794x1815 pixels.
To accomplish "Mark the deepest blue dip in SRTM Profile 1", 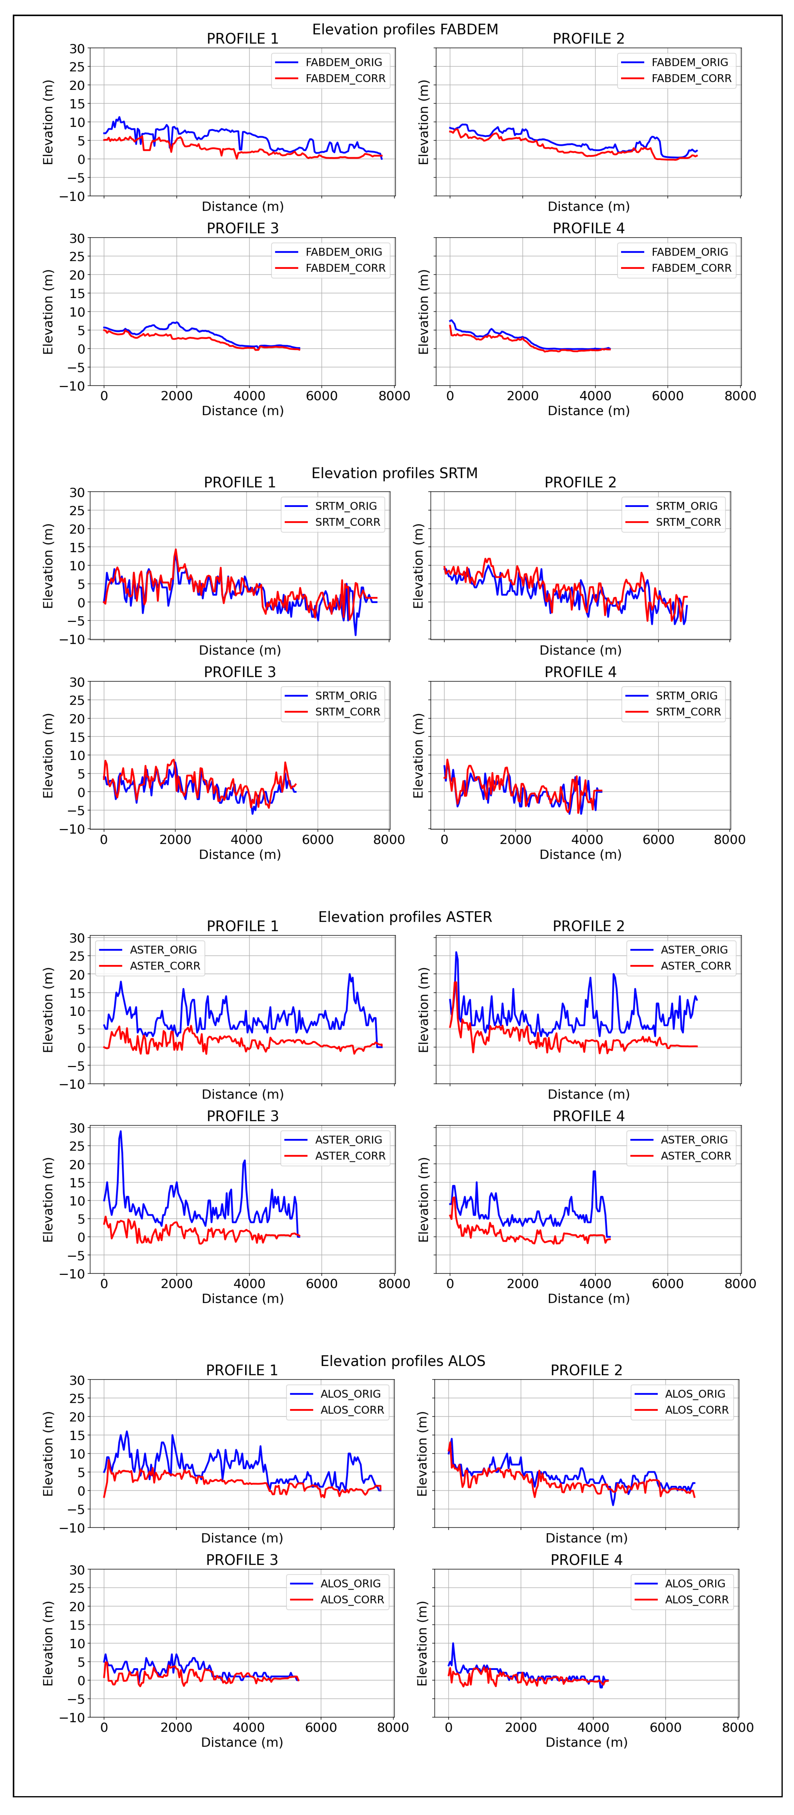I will pos(355,634).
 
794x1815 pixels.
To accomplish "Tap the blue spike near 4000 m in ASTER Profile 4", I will pos(595,1172).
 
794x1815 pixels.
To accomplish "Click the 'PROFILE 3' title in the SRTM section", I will pos(240,672).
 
